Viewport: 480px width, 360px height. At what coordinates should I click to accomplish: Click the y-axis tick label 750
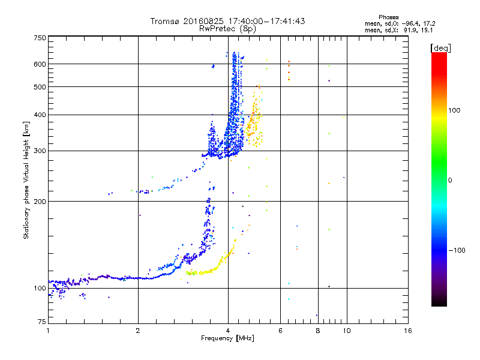pos(40,38)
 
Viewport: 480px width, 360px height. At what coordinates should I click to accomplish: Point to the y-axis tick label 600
pos(40,64)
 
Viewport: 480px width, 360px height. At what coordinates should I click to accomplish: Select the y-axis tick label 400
pos(40,115)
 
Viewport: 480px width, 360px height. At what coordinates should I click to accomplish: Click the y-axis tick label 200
pos(40,201)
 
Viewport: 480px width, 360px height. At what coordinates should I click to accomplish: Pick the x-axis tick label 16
pos(407,331)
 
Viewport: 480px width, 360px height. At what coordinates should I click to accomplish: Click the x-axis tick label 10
pos(346,331)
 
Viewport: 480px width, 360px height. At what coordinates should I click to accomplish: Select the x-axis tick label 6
pos(280,331)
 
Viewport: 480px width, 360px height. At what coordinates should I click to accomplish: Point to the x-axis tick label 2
pos(138,331)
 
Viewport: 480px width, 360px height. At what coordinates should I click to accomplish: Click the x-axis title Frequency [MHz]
pos(228,339)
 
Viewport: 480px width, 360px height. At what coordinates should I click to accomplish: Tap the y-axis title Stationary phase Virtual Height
pos(26,180)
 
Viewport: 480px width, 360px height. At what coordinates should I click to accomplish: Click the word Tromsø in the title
pos(166,21)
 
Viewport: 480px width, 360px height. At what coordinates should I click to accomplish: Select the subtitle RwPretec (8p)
pos(227,28)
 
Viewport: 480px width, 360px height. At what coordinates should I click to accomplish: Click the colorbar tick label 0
pos(451,180)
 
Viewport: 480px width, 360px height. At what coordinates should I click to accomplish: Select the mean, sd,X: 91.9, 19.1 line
pos(398,29)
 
